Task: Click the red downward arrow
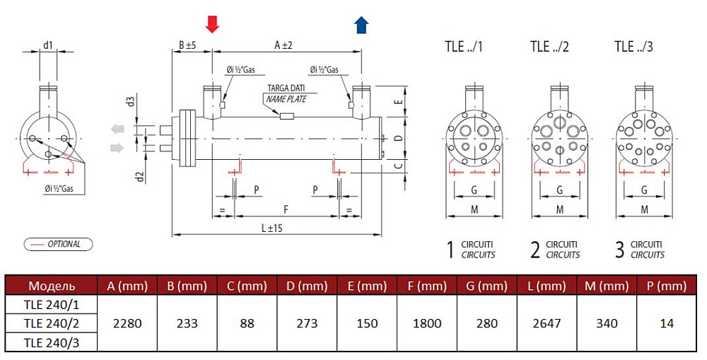212,24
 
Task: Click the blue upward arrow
361,25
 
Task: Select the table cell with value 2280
127,323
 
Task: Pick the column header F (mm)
428,286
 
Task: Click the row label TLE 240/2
49,323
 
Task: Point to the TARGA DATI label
286,88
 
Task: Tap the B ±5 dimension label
187,45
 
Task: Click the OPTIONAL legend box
58,244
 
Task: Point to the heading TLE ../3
633,47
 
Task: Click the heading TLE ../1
464,47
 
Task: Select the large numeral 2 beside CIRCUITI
535,249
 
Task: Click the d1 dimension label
47,45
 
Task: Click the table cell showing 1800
428,323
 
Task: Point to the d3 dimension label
130,101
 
